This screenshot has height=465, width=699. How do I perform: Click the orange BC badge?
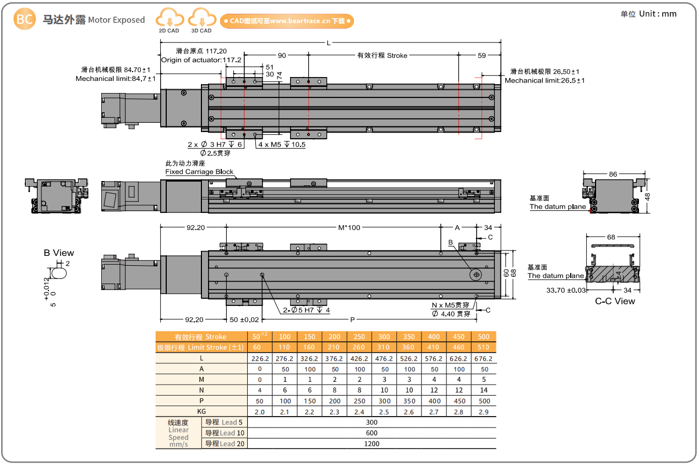pos(25,20)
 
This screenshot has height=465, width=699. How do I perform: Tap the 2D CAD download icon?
pos(169,20)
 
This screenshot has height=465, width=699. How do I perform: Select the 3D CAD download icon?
pos(201,20)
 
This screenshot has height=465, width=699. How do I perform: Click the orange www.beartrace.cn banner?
pos(287,21)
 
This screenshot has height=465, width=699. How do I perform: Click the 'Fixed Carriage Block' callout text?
pos(199,172)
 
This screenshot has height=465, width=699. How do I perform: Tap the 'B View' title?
pos(59,253)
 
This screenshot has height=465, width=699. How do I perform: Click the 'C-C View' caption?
pos(615,301)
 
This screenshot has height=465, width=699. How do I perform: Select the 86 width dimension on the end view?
pos(613,174)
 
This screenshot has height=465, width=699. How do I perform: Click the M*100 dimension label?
pos(349,227)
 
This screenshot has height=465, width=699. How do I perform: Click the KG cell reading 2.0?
pos(260,412)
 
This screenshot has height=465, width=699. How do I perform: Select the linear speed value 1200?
pos(372,443)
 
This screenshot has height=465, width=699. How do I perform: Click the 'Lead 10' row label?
pos(225,433)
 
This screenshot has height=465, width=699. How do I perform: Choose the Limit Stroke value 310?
pos(384,347)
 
